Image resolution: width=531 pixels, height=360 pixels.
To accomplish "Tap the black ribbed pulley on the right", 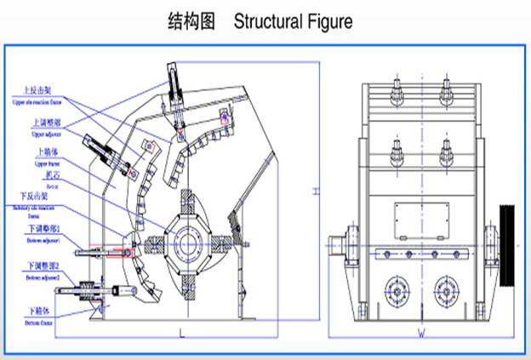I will pos(509,244).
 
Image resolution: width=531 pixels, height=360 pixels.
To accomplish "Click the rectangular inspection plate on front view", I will pos(420,218).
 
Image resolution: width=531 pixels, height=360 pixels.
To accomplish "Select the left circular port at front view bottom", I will pos(397,286).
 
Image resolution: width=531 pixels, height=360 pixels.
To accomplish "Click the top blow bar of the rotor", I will pos(188,198).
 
